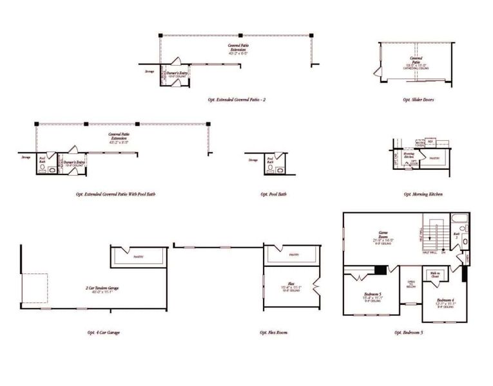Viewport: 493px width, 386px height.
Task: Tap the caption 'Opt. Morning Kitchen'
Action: [x=423, y=194]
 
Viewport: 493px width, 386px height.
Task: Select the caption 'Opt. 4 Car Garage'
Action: [x=103, y=333]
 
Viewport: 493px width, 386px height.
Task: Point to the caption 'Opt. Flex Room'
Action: [x=274, y=333]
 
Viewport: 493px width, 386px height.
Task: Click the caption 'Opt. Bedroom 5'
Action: [x=409, y=333]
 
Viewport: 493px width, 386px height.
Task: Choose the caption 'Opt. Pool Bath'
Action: [x=273, y=194]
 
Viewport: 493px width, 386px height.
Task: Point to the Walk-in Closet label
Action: [x=434, y=275]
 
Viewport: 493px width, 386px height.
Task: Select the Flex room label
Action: [x=291, y=287]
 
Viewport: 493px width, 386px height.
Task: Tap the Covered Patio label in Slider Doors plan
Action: [x=418, y=63]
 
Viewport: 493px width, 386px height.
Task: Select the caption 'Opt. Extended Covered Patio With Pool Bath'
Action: [x=115, y=194]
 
